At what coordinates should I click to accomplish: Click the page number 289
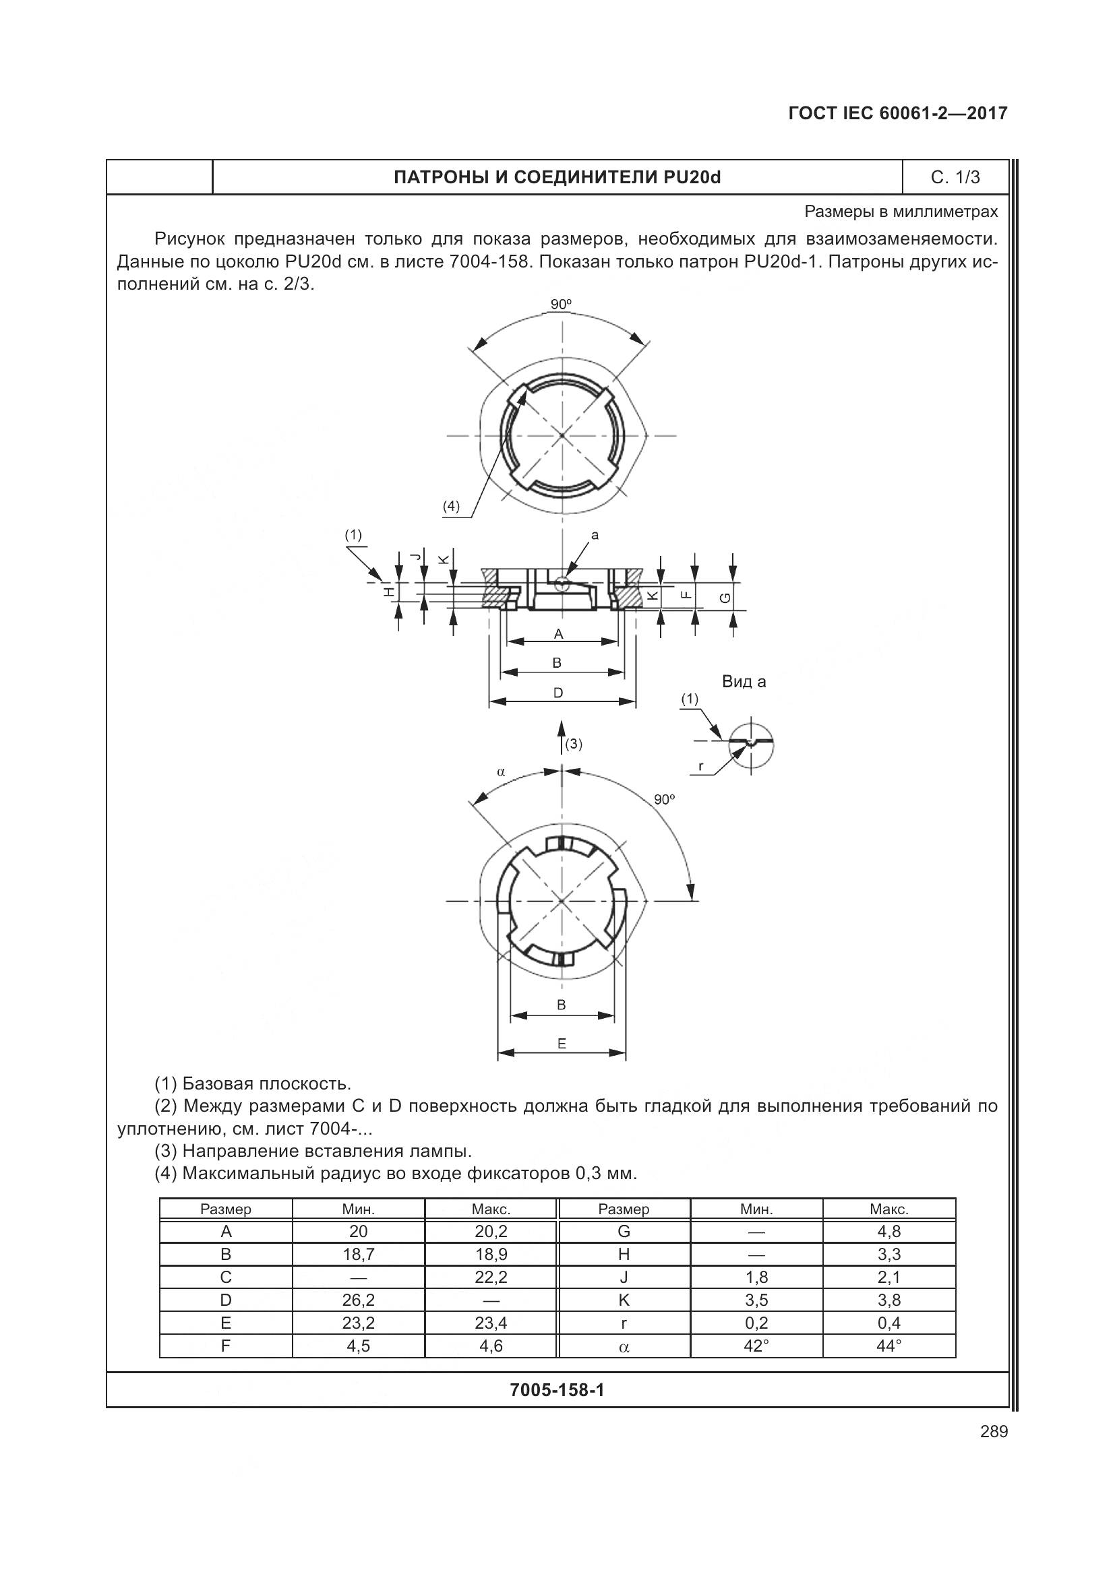tap(994, 1431)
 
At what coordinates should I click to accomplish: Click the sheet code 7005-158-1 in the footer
tap(557, 1390)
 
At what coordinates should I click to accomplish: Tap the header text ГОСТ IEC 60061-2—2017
tap(898, 113)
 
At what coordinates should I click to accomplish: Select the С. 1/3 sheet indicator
tap(955, 177)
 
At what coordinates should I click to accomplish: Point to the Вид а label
tap(744, 682)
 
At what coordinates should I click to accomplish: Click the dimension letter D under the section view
tap(558, 693)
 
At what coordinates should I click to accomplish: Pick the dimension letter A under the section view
tap(558, 634)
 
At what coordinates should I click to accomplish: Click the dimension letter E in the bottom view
tap(562, 1044)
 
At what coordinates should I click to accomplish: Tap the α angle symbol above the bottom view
tap(501, 771)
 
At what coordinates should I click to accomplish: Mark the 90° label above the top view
tap(561, 304)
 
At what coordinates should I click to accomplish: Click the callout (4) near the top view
tap(450, 507)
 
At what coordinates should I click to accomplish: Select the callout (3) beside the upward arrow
tap(573, 744)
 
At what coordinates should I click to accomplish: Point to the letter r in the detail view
tap(700, 766)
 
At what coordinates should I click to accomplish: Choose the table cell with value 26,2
tap(359, 1300)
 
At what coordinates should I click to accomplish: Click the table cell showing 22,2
tap(491, 1278)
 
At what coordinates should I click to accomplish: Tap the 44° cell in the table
tap(888, 1346)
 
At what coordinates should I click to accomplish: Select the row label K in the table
tap(624, 1300)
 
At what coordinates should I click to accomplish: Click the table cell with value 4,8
tap(888, 1232)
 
